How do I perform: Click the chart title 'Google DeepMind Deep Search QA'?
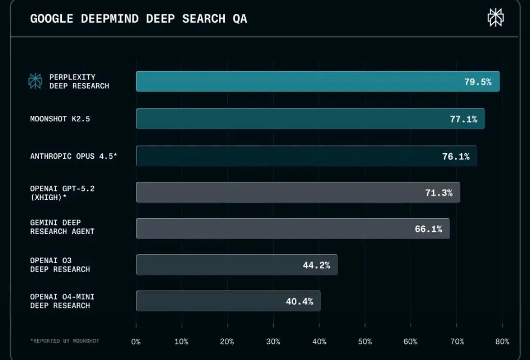138,19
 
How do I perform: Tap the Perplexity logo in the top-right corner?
495,18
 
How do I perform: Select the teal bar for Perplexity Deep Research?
294,82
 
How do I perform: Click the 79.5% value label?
477,82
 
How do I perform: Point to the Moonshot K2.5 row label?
60,119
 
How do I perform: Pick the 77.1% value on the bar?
463,119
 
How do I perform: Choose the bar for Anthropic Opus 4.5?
285,156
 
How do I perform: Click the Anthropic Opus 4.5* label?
74,156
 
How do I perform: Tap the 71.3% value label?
439,193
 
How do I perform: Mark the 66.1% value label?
428,229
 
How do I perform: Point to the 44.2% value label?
316,266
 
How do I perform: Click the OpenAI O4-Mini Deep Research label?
62,301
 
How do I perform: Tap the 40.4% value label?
299,302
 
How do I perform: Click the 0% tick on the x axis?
136,341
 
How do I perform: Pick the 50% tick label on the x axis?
365,341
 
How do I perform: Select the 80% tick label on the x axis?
502,341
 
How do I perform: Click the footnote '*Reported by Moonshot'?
64,341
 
